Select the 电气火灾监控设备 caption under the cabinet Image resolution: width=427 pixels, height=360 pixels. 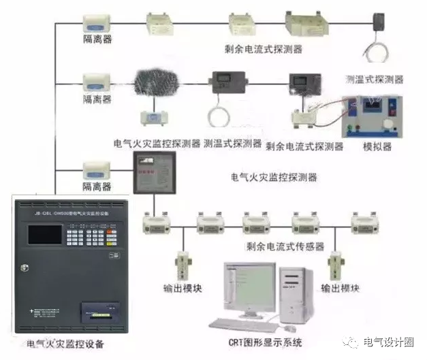pyautogui.click(x=65, y=344)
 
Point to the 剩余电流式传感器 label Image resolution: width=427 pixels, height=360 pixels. pyautogui.click(x=284, y=246)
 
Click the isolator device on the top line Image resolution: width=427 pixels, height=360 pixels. pyautogui.click(x=97, y=23)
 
